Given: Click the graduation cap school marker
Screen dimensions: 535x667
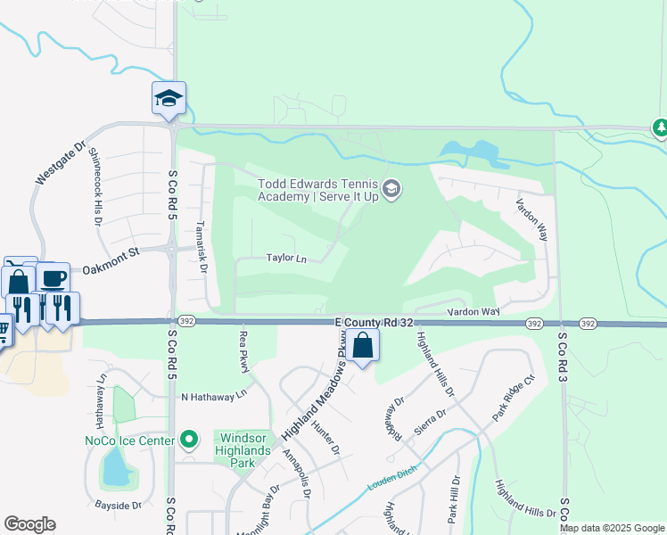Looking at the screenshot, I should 169,98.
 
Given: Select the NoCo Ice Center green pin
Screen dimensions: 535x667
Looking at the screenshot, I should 187,439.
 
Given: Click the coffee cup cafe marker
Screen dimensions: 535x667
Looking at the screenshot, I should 53,277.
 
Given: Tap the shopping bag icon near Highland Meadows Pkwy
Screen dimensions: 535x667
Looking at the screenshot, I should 363,344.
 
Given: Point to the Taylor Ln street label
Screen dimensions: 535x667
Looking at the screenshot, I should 286,259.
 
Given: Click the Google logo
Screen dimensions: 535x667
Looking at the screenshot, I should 29,524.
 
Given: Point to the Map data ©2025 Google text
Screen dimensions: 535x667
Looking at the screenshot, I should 613,528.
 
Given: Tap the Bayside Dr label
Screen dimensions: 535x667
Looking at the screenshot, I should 112,506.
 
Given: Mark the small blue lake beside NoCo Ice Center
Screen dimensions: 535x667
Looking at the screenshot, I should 114,467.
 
